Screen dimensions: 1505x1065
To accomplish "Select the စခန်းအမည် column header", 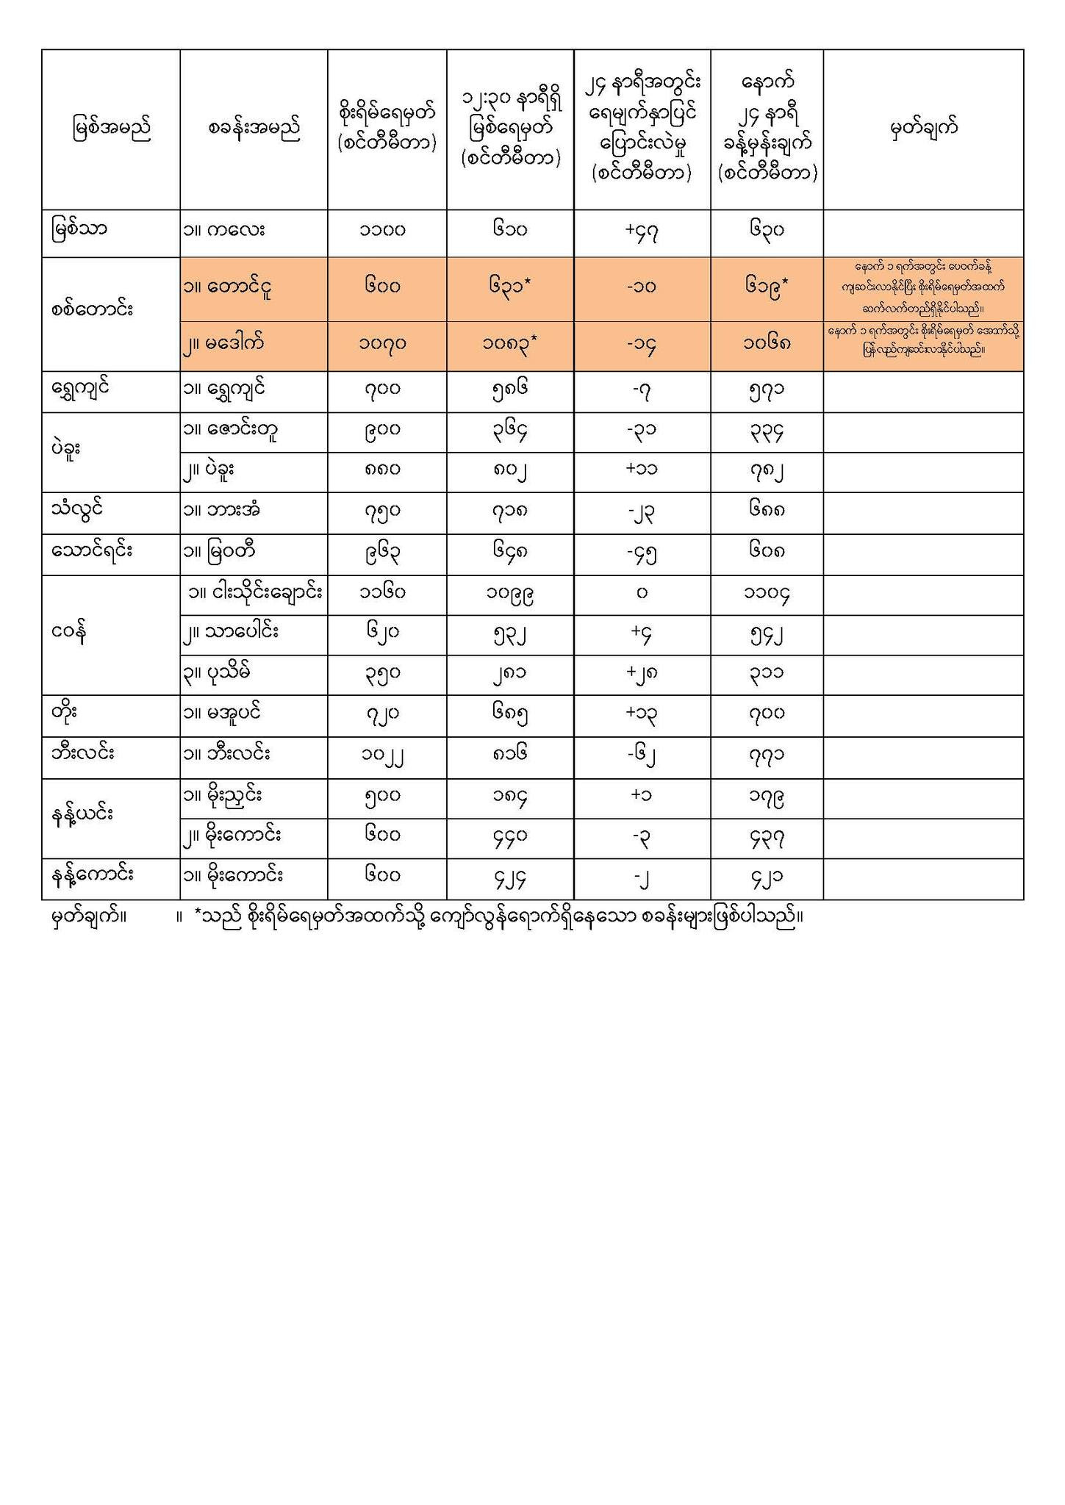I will click(254, 129).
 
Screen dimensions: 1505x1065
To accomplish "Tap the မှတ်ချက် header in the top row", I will click(923, 129).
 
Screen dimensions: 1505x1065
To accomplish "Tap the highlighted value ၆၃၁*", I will click(510, 286).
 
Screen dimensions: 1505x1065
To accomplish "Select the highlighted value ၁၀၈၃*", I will click(510, 343).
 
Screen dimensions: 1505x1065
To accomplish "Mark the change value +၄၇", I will click(642, 231).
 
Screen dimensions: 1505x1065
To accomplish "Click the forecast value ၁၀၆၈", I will click(767, 343).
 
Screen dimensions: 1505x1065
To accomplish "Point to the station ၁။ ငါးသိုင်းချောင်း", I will click(254, 592).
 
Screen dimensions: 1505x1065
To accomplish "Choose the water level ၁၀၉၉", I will click(509, 594).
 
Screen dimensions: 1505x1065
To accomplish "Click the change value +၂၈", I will click(642, 673).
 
